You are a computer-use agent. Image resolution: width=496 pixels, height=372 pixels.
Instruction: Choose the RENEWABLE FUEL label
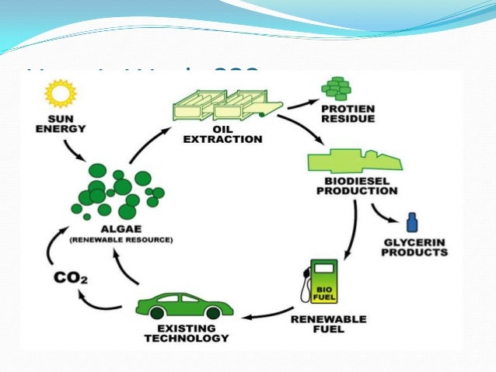click(317, 322)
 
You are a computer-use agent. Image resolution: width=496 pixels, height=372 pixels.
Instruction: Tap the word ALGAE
click(121, 229)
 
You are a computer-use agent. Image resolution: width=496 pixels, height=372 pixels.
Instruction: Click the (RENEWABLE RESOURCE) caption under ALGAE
click(121, 240)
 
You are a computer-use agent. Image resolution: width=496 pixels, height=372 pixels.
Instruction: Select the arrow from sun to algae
click(82, 153)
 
